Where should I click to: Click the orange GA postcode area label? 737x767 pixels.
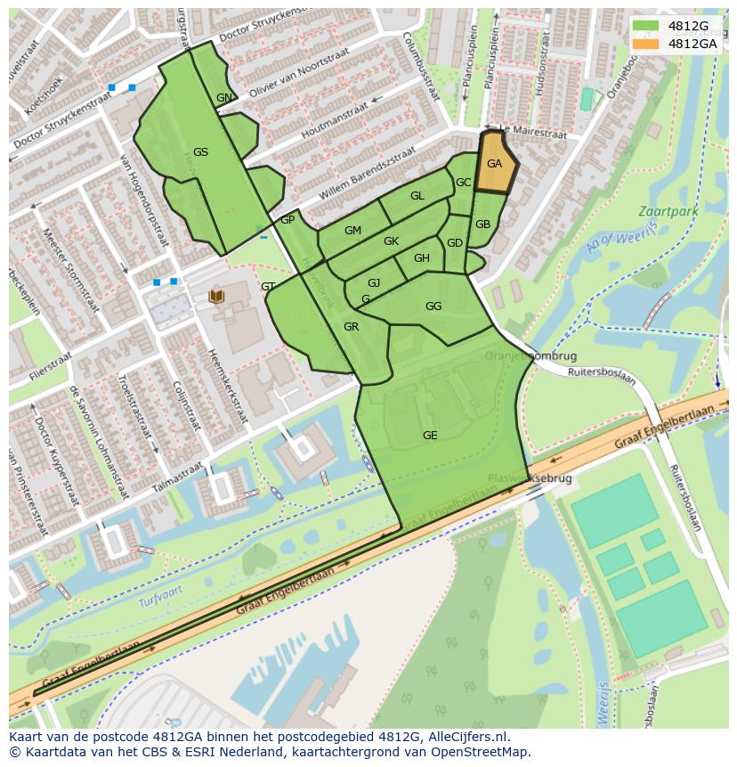(x=494, y=164)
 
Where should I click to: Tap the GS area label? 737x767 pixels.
(x=200, y=152)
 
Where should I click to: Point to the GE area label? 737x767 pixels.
(x=430, y=436)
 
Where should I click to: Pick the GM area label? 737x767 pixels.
(x=352, y=231)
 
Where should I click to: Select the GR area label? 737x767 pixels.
(x=351, y=327)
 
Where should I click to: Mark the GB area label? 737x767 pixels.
(x=482, y=224)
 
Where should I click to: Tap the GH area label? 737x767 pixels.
(x=421, y=258)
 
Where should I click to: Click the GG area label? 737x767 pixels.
(x=433, y=306)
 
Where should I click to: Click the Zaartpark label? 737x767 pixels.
(x=656, y=212)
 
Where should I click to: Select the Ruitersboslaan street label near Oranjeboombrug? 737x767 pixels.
(x=602, y=376)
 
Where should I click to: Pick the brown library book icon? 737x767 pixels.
(x=216, y=295)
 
